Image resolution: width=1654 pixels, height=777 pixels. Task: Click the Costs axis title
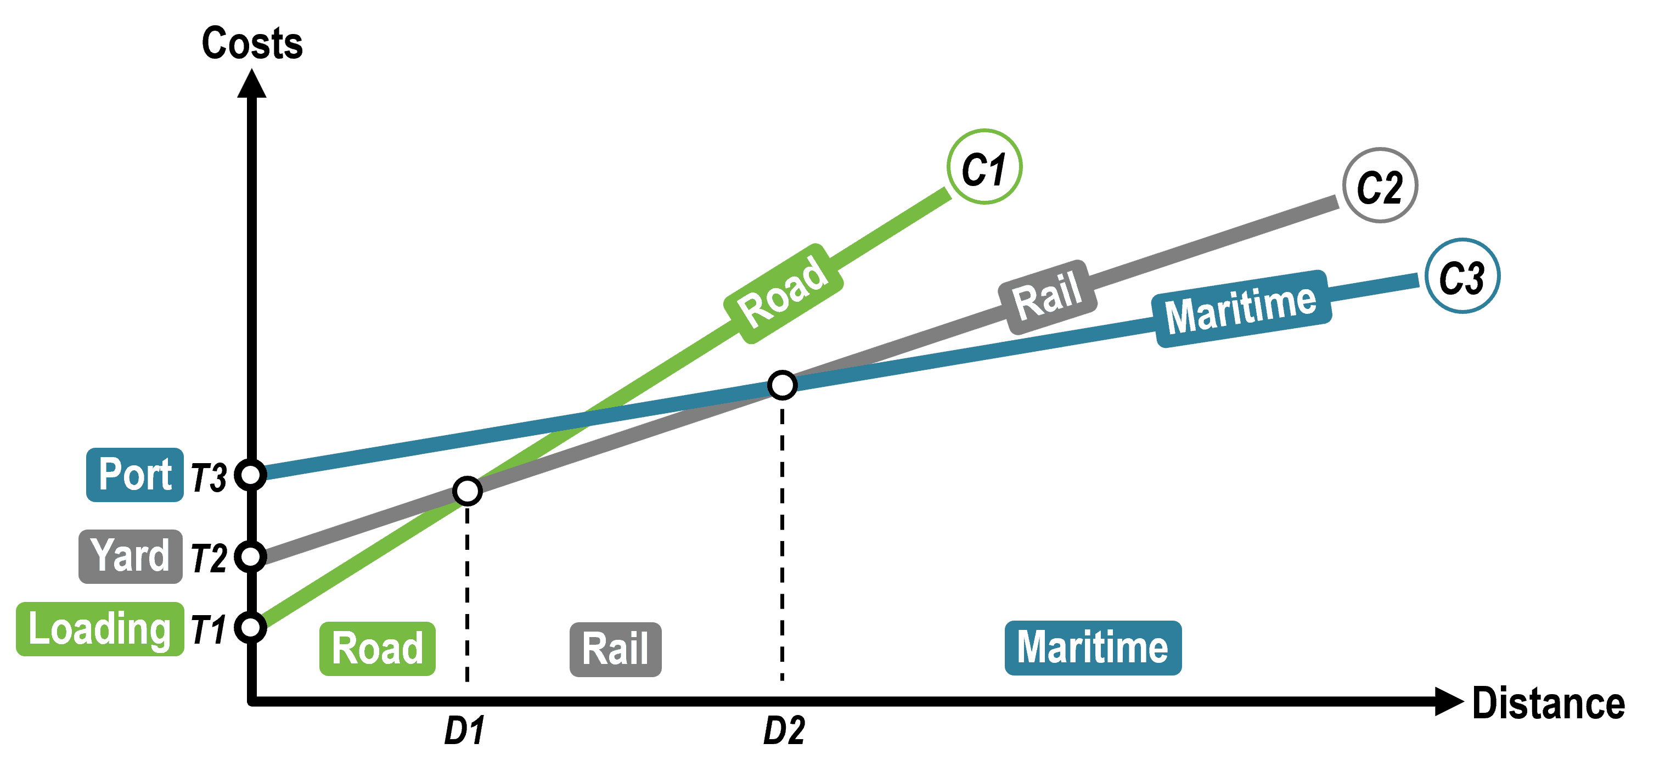(x=252, y=44)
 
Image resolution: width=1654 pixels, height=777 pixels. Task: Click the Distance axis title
(x=1548, y=704)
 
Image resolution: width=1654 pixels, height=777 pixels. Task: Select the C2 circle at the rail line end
(x=1380, y=186)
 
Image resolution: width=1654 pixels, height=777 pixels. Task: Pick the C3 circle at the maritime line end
(x=1462, y=276)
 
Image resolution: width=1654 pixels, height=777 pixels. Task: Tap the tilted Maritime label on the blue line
(x=1240, y=309)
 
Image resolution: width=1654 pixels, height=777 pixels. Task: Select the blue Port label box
(x=135, y=475)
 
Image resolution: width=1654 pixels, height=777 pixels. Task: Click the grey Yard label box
(x=131, y=556)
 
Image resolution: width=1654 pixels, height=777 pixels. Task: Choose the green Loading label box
(x=99, y=629)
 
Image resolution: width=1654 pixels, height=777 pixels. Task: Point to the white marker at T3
(x=250, y=475)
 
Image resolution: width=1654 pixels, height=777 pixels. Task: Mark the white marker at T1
(x=250, y=627)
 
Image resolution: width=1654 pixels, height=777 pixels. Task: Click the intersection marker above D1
(x=467, y=491)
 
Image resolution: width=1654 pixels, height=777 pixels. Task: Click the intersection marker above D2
(x=782, y=385)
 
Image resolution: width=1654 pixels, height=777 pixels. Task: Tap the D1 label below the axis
(x=464, y=731)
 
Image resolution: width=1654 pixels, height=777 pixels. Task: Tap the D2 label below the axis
(x=783, y=731)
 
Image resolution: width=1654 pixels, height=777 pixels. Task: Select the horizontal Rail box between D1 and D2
(x=615, y=649)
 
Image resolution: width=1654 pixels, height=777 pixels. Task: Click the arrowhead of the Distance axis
(x=1447, y=701)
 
